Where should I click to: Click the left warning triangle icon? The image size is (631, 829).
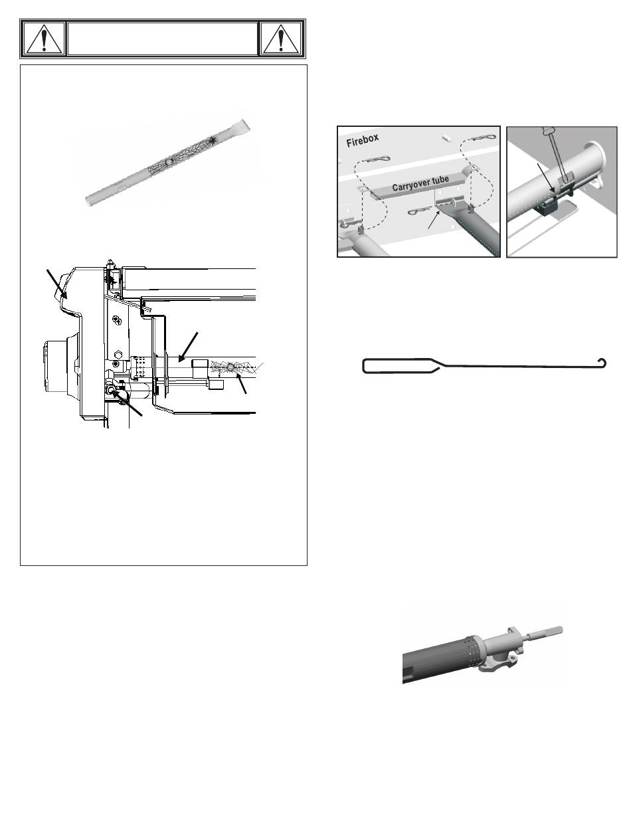[x=45, y=39]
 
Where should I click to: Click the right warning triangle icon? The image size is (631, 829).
[x=281, y=39]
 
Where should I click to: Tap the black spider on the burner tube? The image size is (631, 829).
[x=213, y=141]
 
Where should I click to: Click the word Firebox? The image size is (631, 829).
[x=363, y=141]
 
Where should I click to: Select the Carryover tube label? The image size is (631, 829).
[x=420, y=183]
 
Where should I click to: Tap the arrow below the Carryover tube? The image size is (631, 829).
[x=434, y=220]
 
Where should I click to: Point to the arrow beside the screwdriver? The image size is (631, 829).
[x=547, y=178]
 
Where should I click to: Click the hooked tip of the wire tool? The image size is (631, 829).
[x=602, y=363]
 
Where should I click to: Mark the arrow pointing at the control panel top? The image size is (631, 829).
[x=56, y=284]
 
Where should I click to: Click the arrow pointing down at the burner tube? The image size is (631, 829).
[x=188, y=347]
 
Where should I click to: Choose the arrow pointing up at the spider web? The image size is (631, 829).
[x=241, y=383]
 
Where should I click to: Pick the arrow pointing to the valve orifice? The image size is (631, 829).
[x=126, y=403]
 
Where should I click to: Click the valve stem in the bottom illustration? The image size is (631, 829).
[x=544, y=632]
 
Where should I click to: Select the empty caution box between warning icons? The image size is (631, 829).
[x=162, y=39]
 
